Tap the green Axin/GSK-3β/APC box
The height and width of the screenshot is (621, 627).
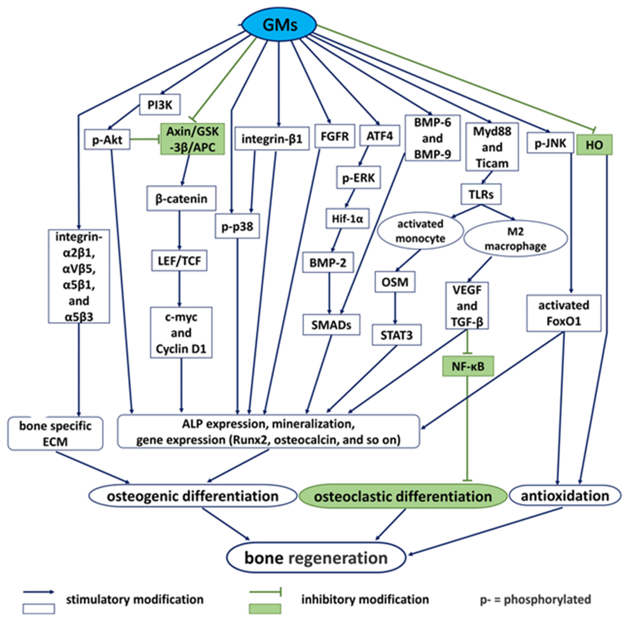point(192,139)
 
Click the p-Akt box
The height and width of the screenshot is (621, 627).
point(107,140)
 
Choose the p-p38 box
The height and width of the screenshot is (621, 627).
point(237,226)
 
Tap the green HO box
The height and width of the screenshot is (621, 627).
point(594,145)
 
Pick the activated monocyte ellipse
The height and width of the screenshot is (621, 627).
point(420,231)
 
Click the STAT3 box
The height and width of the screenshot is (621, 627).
point(396,335)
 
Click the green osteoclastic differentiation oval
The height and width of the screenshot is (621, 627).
point(403,496)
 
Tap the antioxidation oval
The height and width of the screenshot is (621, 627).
point(565,496)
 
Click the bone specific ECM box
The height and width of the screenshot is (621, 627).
point(55,434)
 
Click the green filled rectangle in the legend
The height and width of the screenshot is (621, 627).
point(265,609)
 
